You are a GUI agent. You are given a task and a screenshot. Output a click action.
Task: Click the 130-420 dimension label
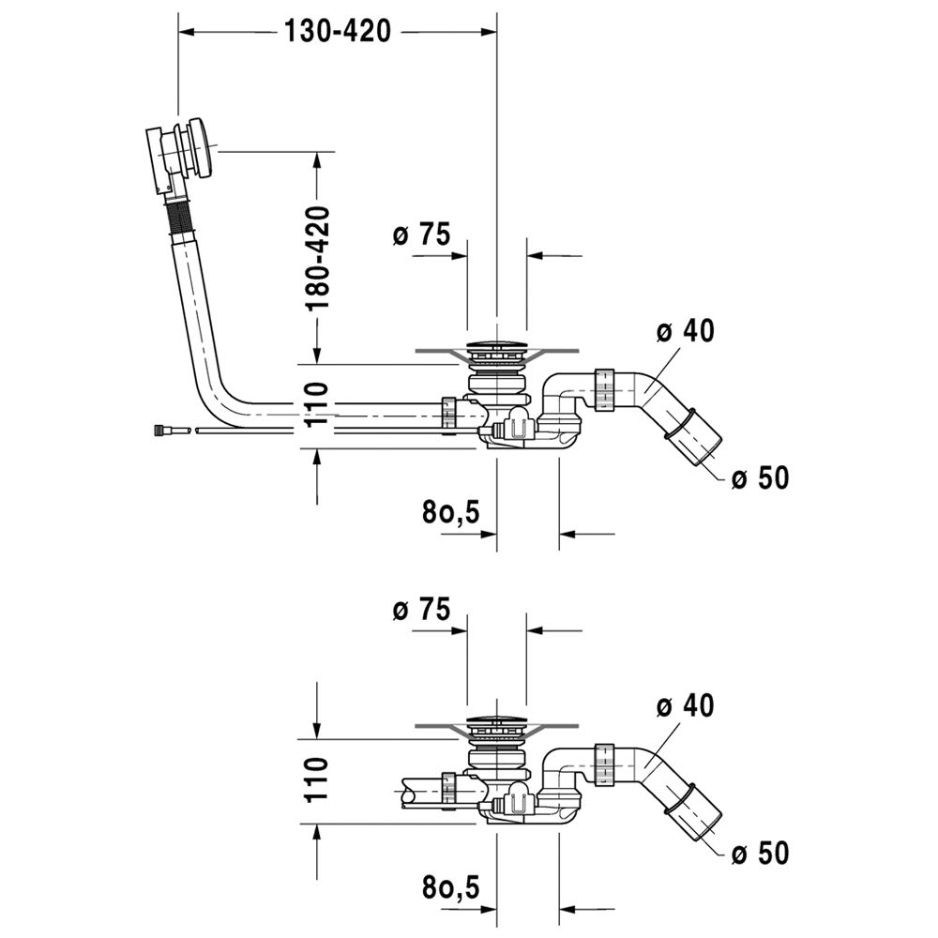pos(337,31)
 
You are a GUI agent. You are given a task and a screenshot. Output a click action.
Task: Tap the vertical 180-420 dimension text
pos(319,259)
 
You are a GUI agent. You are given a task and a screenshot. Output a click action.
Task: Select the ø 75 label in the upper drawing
pos(422,234)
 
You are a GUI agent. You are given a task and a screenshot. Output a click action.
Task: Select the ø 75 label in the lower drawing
pos(422,611)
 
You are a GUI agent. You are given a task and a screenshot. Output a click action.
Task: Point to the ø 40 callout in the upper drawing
pos(685,331)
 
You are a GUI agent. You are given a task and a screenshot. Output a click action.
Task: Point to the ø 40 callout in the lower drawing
pos(685,704)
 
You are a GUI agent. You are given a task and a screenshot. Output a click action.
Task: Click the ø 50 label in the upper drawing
pos(760,478)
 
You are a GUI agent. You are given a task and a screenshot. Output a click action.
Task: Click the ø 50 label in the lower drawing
pos(760,853)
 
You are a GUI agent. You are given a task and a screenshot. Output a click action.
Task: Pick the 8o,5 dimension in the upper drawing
pos(450,511)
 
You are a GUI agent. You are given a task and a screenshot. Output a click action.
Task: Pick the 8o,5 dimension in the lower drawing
pos(450,886)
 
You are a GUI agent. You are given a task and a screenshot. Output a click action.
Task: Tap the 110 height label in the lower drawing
pos(319,778)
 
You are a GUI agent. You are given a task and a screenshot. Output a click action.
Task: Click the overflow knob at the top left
pos(202,148)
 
